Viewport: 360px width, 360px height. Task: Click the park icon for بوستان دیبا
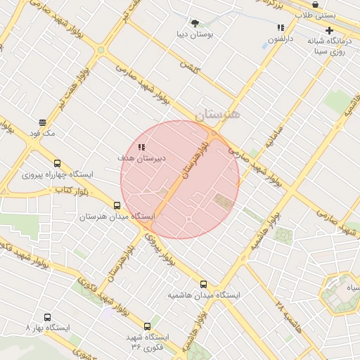[x=195, y=22]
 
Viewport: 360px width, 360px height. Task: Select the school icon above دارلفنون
[x=281, y=28]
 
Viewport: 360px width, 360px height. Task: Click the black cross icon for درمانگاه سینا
[x=329, y=30]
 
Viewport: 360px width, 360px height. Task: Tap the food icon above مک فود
[x=42, y=122]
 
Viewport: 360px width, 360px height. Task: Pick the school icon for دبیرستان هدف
[x=141, y=148]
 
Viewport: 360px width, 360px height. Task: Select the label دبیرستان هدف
[x=141, y=158]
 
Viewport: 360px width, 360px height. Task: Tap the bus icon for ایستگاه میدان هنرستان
[x=117, y=206]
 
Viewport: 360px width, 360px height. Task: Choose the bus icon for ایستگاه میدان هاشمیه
[x=203, y=285]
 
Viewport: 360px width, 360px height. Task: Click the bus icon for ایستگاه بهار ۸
[x=47, y=317]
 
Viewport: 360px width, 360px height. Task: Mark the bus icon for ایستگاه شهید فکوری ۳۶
[x=147, y=326]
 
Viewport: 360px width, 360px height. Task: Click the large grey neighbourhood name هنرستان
[x=217, y=115]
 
